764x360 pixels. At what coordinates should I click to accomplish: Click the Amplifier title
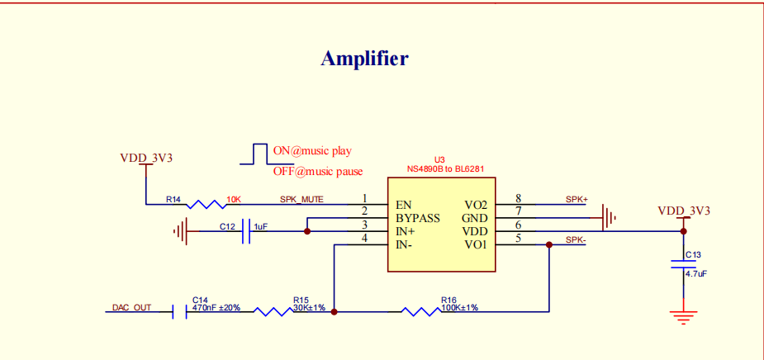click(x=364, y=59)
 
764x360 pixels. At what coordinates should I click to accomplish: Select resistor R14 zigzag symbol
click(x=205, y=204)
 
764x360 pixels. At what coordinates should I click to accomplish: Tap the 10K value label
click(x=233, y=199)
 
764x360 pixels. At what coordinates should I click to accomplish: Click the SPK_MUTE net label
click(x=301, y=199)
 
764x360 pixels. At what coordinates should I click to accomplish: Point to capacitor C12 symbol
click(x=245, y=232)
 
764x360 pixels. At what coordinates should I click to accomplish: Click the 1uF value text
click(x=261, y=226)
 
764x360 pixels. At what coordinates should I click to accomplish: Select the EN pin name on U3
click(x=404, y=205)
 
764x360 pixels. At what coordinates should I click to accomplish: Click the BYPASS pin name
click(x=417, y=218)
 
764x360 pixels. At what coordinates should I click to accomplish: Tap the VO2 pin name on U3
click(x=477, y=205)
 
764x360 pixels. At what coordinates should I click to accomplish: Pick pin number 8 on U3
click(x=518, y=198)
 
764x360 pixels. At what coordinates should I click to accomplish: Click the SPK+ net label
click(x=577, y=199)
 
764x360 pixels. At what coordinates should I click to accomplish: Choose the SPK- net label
click(x=577, y=239)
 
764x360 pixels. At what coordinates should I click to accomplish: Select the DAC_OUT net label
click(x=132, y=307)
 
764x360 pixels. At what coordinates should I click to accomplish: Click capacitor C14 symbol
click(x=179, y=312)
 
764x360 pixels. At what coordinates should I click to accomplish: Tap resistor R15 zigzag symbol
click(x=272, y=312)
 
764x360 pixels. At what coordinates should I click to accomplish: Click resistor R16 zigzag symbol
click(x=420, y=312)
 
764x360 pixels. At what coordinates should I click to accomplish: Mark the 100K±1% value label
click(x=459, y=307)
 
